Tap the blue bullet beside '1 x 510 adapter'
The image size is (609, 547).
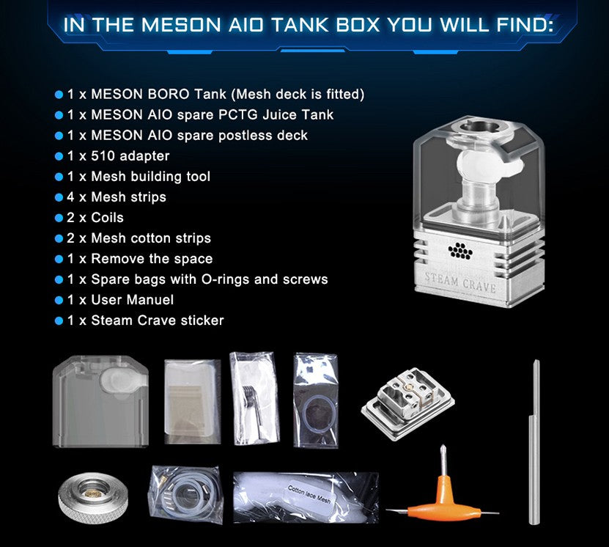tap(59, 156)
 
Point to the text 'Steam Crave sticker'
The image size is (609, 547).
tap(158, 320)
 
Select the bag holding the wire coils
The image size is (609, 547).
tap(252, 401)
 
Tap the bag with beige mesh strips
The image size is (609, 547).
tap(192, 401)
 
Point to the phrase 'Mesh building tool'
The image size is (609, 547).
tap(150, 177)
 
